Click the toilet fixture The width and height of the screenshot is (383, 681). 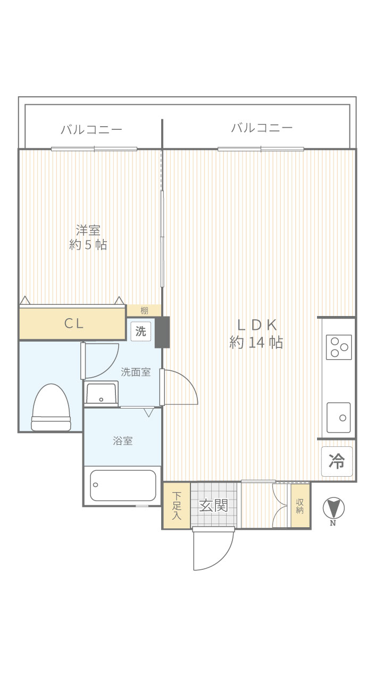click(x=51, y=408)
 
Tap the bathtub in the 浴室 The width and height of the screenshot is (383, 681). click(x=123, y=486)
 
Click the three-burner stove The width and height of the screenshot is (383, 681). click(x=339, y=347)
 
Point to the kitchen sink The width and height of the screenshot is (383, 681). click(x=339, y=418)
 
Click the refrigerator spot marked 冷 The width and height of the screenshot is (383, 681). click(x=337, y=461)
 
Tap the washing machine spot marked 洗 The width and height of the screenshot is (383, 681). click(x=141, y=331)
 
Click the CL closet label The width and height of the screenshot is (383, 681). click(x=74, y=323)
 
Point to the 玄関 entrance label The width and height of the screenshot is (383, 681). click(x=213, y=505)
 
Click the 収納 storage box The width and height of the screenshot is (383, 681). click(x=301, y=505)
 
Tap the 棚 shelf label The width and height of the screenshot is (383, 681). click(x=144, y=311)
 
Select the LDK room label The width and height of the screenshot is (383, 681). click(x=257, y=325)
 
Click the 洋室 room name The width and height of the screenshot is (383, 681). click(x=88, y=230)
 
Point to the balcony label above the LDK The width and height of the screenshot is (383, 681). click(x=262, y=128)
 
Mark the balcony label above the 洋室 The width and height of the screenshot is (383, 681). click(x=91, y=129)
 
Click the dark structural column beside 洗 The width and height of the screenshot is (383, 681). click(x=162, y=332)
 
